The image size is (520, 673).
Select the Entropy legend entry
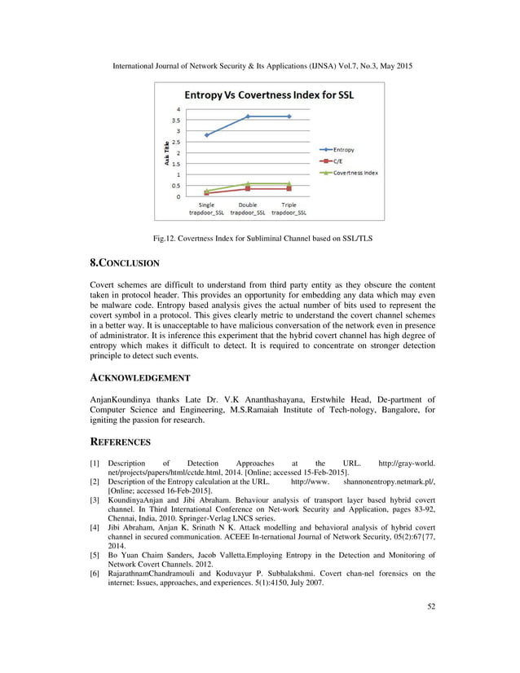(x=342, y=150)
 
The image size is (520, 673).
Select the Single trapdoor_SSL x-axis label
(x=207, y=209)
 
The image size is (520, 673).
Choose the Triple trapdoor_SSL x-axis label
(x=289, y=209)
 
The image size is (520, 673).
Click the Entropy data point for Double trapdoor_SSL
(x=248, y=117)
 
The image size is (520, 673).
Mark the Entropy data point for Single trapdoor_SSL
(x=207, y=135)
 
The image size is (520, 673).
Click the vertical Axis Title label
(x=162, y=152)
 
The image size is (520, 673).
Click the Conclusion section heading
(x=124, y=263)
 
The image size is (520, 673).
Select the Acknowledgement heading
(x=139, y=378)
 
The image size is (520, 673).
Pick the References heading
(x=120, y=442)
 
